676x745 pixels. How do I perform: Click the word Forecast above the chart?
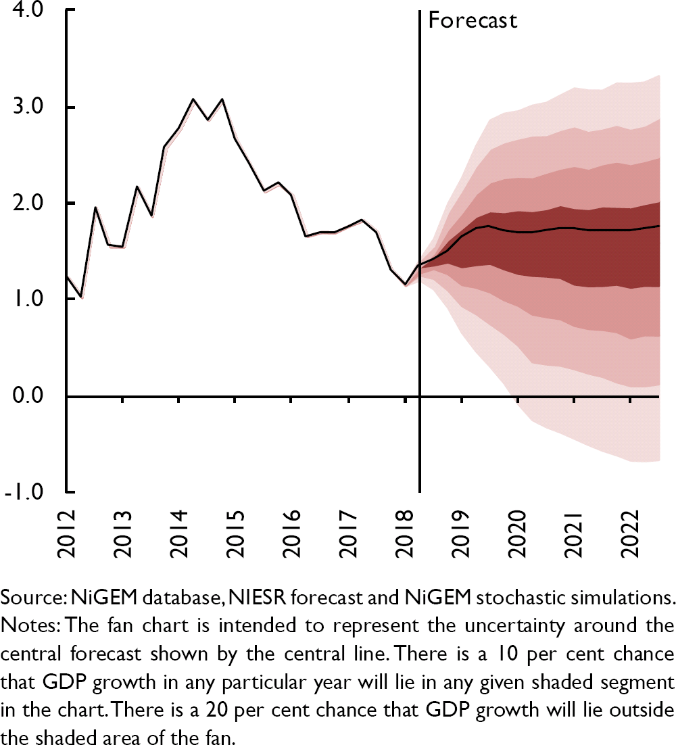pyautogui.click(x=473, y=20)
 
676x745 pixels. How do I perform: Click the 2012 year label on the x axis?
pyautogui.click(x=67, y=533)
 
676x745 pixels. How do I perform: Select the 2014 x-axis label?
pyautogui.click(x=179, y=533)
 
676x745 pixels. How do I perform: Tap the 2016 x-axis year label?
pyautogui.click(x=292, y=533)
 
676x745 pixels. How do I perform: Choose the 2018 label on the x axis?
pyautogui.click(x=405, y=533)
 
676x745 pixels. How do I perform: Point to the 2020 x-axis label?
pyautogui.click(x=518, y=533)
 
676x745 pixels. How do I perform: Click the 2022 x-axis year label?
pyautogui.click(x=630, y=533)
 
